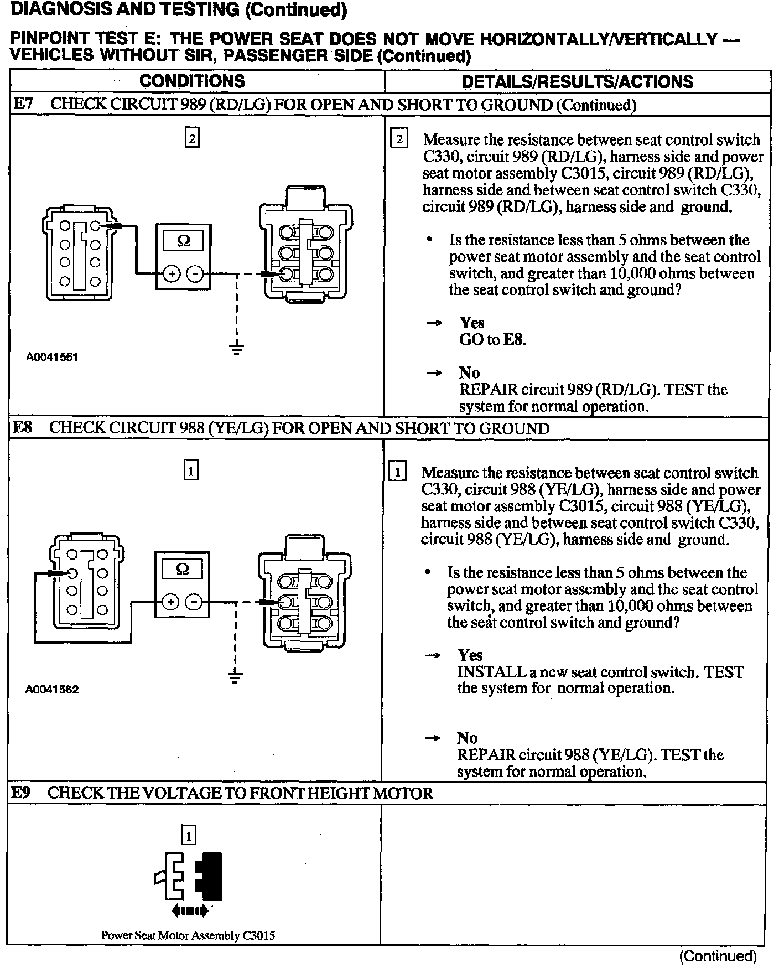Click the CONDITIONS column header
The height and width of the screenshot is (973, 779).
[x=192, y=81]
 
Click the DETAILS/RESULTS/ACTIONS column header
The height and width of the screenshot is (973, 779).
[x=577, y=82]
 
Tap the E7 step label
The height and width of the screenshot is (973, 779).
[x=23, y=105]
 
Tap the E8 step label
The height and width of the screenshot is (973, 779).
[x=22, y=428]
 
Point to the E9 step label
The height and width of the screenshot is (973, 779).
[x=22, y=793]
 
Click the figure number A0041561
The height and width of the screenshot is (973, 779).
[x=52, y=357]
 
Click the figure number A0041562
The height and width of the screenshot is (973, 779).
[x=52, y=690]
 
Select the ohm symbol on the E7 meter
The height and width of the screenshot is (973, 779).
[x=183, y=241]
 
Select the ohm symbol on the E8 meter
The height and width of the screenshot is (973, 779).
[x=181, y=569]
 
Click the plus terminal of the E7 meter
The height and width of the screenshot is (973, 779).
[x=172, y=274]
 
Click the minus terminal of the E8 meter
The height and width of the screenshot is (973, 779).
[x=193, y=602]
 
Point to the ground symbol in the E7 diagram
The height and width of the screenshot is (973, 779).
[x=236, y=349]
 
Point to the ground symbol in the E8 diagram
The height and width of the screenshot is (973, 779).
[x=235, y=677]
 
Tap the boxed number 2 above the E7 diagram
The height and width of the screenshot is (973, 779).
[x=192, y=138]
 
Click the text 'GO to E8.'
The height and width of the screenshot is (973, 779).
[x=492, y=340]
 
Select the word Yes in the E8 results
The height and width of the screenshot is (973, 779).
[x=470, y=655]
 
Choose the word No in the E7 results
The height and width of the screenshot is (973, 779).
[x=469, y=372]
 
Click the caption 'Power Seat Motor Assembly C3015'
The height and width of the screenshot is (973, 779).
[x=188, y=935]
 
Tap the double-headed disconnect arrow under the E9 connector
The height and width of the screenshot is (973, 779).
[x=189, y=910]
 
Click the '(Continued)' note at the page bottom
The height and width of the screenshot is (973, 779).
[x=717, y=956]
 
